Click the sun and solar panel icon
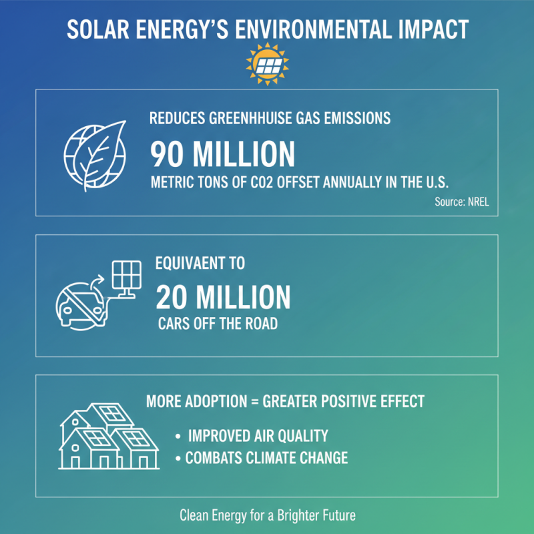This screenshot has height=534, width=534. click(x=266, y=63)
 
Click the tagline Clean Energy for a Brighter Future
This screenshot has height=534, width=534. click(x=266, y=516)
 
